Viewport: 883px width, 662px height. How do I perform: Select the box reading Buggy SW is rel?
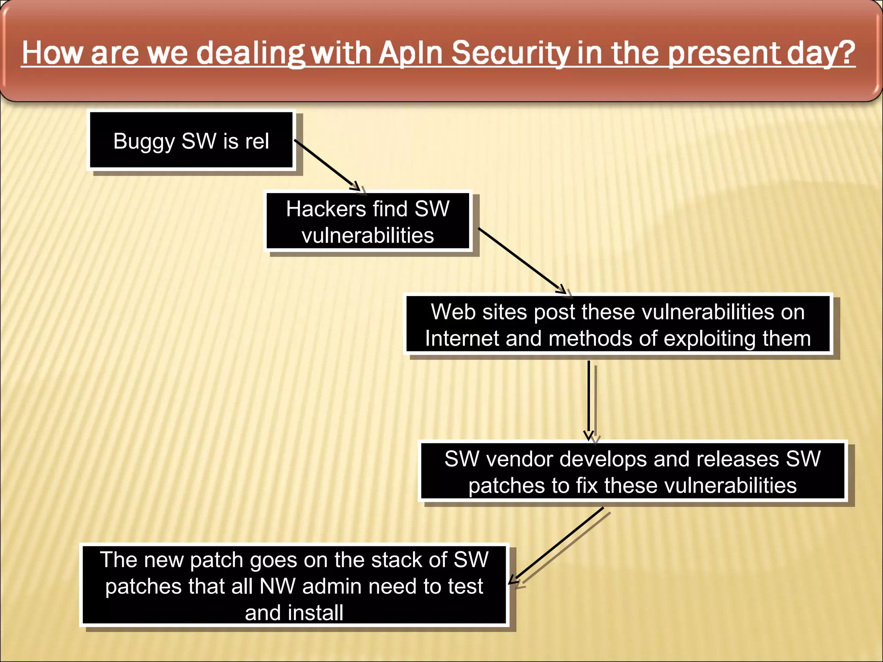point(191,141)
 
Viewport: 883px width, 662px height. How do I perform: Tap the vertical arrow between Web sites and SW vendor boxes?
point(589,399)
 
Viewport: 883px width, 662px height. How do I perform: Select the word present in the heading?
point(724,53)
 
